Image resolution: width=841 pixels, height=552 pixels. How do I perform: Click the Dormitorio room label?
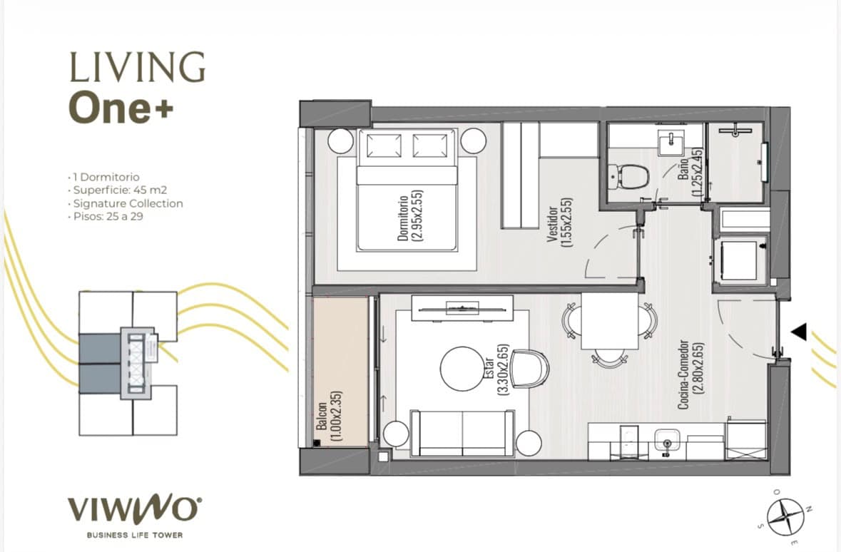point(409,215)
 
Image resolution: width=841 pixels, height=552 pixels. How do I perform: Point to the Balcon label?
point(329,416)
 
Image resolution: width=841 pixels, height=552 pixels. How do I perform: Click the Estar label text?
point(496,370)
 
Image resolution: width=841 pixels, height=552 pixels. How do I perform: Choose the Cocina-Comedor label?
point(690,374)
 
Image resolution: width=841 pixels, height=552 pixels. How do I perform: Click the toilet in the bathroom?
point(628,176)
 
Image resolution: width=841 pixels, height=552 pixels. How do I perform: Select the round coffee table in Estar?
point(462,369)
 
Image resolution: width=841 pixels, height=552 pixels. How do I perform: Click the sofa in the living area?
point(462,434)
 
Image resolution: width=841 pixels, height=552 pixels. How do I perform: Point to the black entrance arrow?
point(799,332)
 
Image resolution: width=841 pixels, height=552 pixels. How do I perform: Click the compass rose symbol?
point(785,516)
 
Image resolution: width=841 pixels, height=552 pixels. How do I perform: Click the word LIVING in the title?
point(137,67)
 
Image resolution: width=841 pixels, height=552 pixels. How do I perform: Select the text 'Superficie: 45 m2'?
point(120,190)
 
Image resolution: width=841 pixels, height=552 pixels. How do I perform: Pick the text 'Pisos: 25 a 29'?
point(108,217)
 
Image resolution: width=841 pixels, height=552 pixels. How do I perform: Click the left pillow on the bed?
point(384,145)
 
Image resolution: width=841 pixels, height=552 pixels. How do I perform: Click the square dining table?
point(611,322)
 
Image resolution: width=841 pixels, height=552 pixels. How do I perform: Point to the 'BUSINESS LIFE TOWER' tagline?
point(135,535)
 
